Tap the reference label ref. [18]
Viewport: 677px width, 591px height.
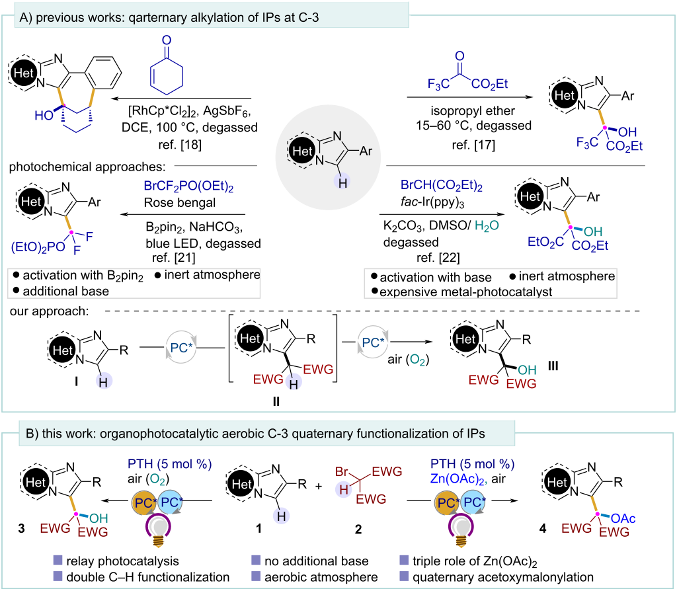click(x=180, y=144)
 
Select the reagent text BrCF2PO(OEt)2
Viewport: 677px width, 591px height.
click(x=188, y=186)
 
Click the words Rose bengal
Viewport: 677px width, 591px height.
click(x=180, y=202)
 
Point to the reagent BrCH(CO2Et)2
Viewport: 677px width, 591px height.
click(x=441, y=185)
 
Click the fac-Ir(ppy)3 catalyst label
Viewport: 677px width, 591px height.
click(x=432, y=202)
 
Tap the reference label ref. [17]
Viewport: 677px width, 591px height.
click(x=473, y=145)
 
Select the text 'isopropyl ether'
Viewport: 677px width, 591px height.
click(x=472, y=111)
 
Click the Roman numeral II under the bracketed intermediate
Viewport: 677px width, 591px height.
click(x=276, y=401)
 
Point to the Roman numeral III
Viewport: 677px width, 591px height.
click(x=553, y=366)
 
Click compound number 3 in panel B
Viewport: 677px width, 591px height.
click(x=22, y=528)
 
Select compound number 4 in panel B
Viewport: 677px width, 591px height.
click(x=543, y=528)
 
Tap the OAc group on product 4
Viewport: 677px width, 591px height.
click(x=623, y=518)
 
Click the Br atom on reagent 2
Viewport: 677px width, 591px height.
click(x=342, y=471)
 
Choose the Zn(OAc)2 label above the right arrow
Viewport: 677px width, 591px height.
click(x=459, y=479)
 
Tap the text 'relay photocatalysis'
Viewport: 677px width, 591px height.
click(x=122, y=561)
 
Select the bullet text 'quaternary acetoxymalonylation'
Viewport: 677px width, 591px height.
click(x=503, y=577)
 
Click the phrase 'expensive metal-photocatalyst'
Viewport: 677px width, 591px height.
click(x=466, y=292)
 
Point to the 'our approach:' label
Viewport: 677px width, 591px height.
click(x=49, y=311)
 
